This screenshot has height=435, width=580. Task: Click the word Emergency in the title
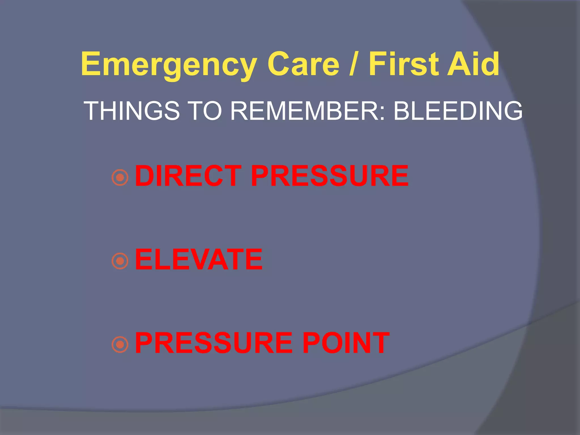coord(169,65)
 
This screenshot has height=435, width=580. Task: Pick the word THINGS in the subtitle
coord(132,111)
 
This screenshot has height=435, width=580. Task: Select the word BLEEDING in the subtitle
coord(458,111)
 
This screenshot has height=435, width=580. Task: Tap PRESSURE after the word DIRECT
coord(329,176)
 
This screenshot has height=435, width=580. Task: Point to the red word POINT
coord(346,343)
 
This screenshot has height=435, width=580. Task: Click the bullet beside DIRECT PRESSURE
coord(120,178)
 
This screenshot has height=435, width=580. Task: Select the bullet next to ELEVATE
coord(120,261)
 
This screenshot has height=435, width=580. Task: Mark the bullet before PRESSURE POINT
coord(120,344)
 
